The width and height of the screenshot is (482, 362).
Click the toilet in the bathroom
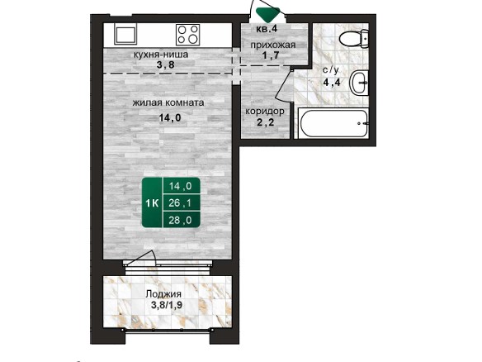(354, 39)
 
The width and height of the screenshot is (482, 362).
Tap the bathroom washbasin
(359, 83)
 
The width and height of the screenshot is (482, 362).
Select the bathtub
(333, 123)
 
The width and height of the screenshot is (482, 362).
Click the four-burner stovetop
(188, 35)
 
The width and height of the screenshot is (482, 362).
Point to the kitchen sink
(125, 35)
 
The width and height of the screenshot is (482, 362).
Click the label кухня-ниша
(160, 55)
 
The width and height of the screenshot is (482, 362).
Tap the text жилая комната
(168, 102)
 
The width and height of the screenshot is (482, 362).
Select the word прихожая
(273, 45)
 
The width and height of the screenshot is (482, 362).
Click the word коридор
(265, 111)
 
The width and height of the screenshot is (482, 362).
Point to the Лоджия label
(163, 294)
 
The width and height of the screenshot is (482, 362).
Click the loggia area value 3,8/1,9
(167, 305)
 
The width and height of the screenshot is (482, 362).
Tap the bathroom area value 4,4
(332, 82)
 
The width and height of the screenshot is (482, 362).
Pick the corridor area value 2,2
(265, 123)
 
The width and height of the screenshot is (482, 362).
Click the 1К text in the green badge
(152, 203)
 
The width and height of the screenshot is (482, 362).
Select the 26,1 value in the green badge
(180, 202)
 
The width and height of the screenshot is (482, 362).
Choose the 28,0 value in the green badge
(180, 220)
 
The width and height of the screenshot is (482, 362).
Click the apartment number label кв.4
(267, 29)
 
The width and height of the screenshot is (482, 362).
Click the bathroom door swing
(283, 84)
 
